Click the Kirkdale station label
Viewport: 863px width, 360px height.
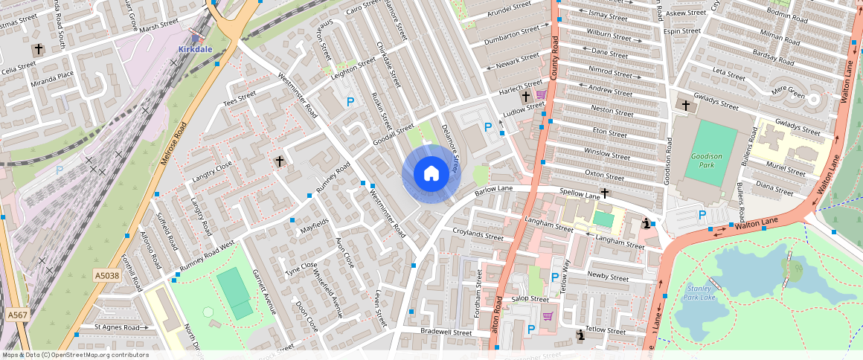tap(195, 49)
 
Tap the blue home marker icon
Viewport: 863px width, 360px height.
tap(431, 174)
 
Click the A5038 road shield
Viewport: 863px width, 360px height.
tap(107, 276)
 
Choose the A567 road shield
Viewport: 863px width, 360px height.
tap(18, 315)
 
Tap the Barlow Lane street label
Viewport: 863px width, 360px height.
tap(495, 191)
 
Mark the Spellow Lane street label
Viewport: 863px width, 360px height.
tap(580, 193)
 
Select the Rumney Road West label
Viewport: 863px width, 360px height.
tap(207, 256)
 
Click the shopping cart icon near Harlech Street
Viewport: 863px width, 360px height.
tap(541, 95)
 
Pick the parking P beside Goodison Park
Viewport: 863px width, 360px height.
tap(702, 216)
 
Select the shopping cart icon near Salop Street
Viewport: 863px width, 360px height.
tap(548, 316)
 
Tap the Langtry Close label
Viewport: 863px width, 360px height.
tap(212, 173)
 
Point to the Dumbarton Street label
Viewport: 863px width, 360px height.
tap(511, 36)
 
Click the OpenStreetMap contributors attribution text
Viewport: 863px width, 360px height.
tap(74, 355)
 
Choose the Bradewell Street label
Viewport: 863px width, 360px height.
tap(446, 333)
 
